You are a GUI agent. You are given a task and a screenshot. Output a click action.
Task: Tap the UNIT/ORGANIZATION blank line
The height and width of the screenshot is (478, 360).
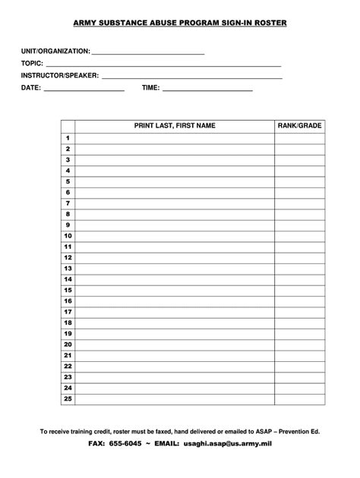click(148, 52)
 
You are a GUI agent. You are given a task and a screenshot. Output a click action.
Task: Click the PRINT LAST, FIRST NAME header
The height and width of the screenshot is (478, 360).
click(175, 125)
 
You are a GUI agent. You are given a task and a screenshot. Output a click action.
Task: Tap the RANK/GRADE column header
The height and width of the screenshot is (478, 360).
click(299, 125)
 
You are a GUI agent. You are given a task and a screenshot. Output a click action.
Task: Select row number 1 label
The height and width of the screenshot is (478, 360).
click(68, 139)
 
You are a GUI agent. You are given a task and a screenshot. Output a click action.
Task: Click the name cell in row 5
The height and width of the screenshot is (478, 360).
click(175, 182)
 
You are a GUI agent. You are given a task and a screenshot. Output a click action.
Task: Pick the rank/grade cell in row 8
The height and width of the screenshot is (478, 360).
click(299, 215)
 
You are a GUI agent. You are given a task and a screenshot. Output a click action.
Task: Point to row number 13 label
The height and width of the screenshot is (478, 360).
click(68, 269)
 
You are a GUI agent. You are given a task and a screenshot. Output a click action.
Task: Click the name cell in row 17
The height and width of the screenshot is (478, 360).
click(175, 312)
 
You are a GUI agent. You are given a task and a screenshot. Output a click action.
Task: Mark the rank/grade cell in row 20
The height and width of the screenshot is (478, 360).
click(299, 344)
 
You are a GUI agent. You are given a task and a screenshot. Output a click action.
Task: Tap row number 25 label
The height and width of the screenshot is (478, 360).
click(68, 398)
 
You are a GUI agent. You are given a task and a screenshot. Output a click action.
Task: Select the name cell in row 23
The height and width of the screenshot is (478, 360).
click(175, 377)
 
